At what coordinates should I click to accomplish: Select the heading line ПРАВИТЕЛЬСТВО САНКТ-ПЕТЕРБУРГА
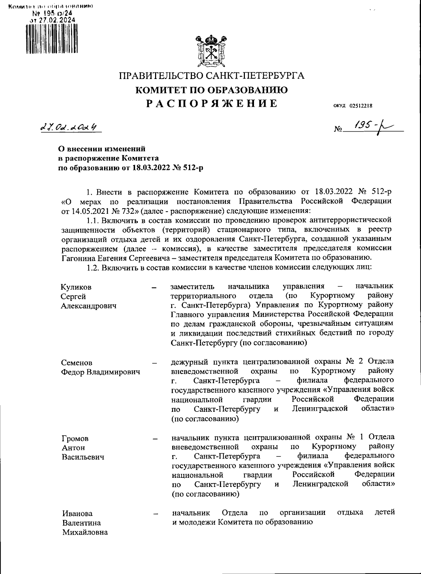tap(212, 76)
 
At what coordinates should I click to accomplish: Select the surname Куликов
tap(76, 287)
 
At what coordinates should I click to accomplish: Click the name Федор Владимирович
tap(101, 372)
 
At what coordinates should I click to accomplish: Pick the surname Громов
tap(75, 438)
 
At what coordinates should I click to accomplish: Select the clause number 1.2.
tap(92, 267)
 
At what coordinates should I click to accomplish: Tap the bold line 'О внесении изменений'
tap(101, 149)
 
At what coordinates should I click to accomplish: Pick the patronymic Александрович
tap(88, 305)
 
